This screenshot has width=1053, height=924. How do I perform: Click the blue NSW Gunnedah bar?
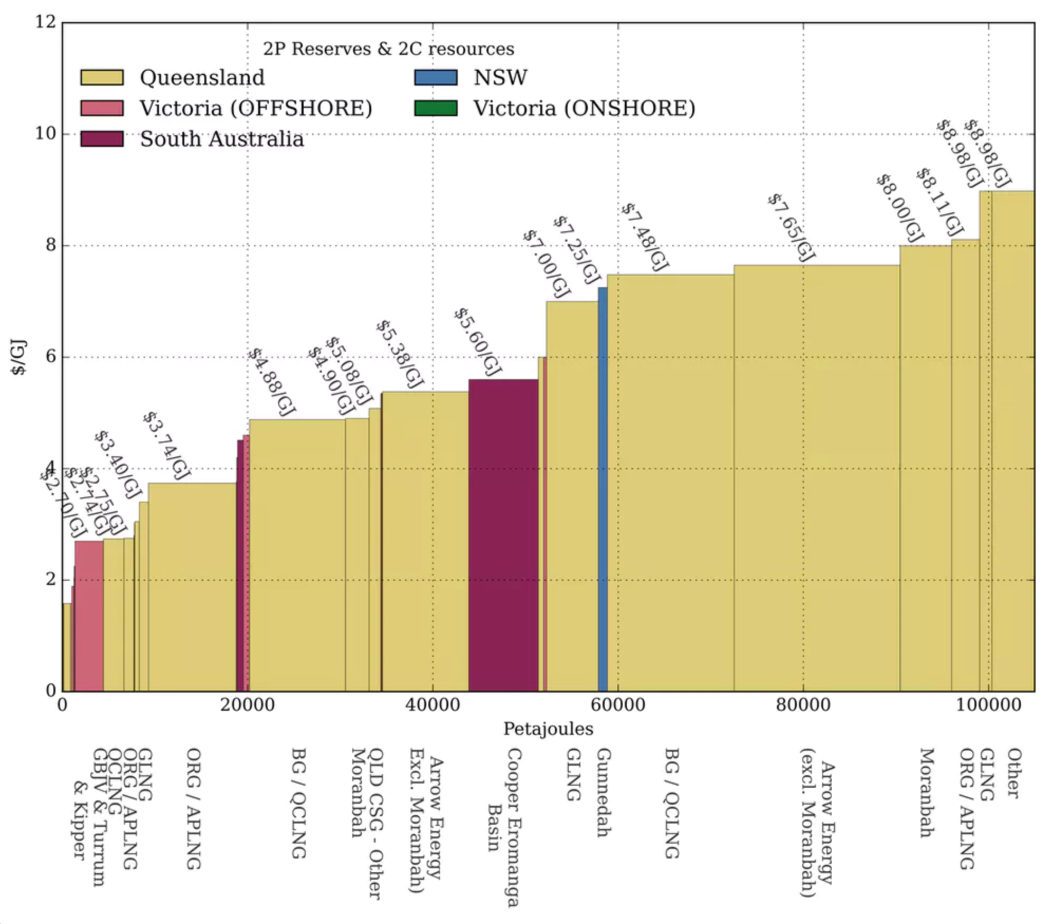(x=602, y=488)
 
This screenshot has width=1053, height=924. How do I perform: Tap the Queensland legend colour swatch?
(x=101, y=78)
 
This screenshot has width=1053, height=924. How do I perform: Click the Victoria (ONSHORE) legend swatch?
(x=435, y=108)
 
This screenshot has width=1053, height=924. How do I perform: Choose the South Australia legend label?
(x=222, y=139)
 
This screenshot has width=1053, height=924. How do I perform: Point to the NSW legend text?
(x=500, y=78)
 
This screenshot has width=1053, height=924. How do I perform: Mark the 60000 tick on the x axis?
(x=618, y=705)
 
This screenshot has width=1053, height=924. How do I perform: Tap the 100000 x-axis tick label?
(x=988, y=705)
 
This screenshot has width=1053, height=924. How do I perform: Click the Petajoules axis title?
(x=548, y=729)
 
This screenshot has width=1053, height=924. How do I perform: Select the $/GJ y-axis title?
(x=18, y=357)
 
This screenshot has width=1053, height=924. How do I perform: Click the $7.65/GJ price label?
(x=791, y=228)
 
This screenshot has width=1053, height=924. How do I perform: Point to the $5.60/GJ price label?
(x=477, y=342)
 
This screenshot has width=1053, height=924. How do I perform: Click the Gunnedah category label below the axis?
(x=604, y=792)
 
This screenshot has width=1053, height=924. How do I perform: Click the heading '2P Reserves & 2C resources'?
(x=388, y=49)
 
